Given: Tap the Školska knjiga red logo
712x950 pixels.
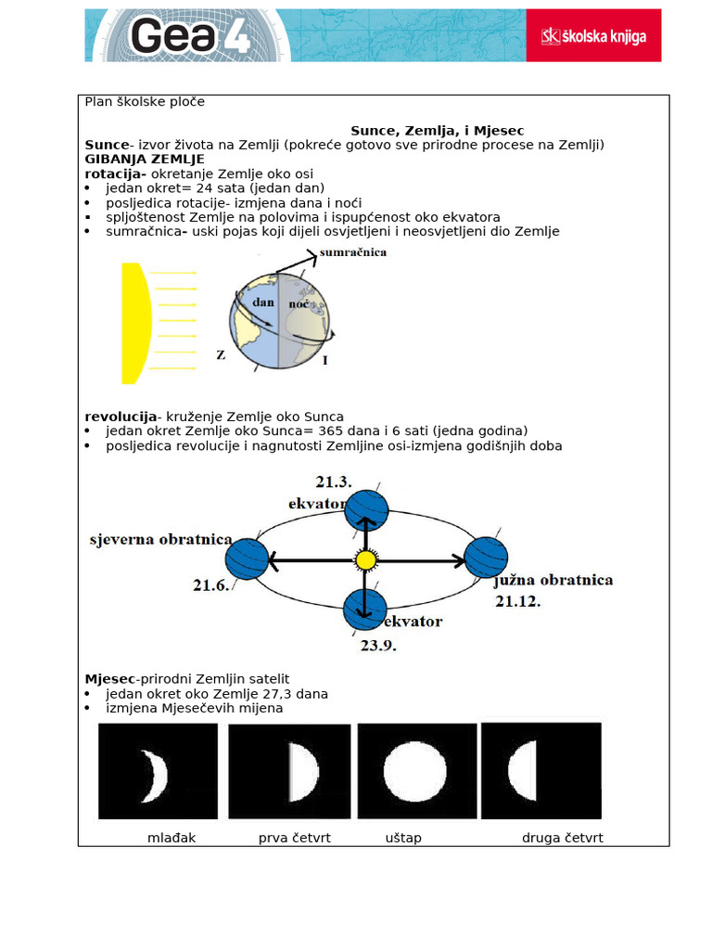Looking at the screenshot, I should pos(593,36).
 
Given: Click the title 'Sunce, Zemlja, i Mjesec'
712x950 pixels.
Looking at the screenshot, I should pos(437,131).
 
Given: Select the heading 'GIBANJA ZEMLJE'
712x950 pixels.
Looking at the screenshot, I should pos(145,160).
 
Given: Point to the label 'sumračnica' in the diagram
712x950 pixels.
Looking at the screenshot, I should pos(352,252).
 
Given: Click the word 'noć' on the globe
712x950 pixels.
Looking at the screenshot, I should pos(299,303).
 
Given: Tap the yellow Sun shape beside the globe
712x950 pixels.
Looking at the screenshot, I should pos(135,323).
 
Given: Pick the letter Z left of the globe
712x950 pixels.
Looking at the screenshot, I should pos(221,355).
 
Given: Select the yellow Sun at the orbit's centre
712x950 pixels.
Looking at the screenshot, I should pos(366,560).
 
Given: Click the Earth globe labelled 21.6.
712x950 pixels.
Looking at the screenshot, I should pos(247,559).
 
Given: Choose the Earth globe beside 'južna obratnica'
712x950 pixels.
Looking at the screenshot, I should pos(486,557).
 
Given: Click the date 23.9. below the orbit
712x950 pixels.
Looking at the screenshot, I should pos(377,646).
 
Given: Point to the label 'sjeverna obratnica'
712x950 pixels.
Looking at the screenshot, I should pos(160,540).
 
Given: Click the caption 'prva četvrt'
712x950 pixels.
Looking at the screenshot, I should pos(295,838).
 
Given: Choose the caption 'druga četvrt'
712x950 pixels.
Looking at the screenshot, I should pos(563,838).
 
